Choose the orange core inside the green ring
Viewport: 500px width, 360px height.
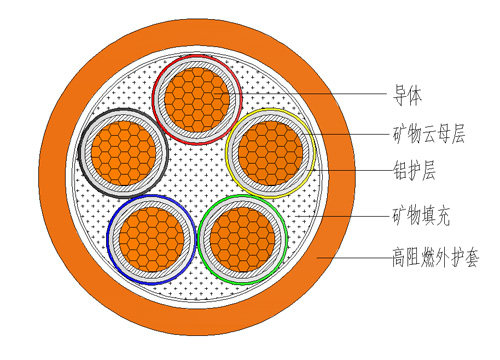pos(243,238)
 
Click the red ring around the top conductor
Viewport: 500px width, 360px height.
pos(196,56)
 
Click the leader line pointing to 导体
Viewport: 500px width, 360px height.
pos(320,98)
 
